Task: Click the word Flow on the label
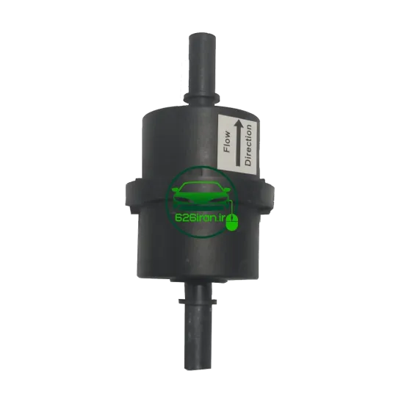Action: [x=227, y=142]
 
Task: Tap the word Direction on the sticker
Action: [x=248, y=145]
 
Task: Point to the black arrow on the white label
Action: [x=238, y=143]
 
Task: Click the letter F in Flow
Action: [x=227, y=150]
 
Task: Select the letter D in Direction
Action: [x=248, y=162]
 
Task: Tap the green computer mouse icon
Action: [x=232, y=222]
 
